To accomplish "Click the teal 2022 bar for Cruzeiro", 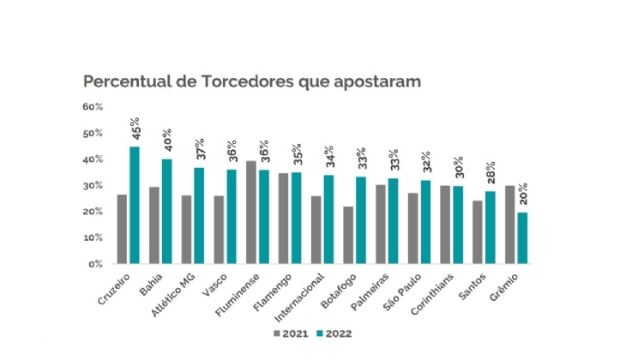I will [135, 206].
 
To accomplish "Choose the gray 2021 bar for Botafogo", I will [348, 235].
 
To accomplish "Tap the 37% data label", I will [200, 149].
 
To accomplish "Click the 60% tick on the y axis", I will [93, 107].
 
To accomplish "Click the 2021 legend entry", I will [292, 333].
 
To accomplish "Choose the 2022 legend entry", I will [334, 333].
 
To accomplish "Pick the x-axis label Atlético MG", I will [175, 295].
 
